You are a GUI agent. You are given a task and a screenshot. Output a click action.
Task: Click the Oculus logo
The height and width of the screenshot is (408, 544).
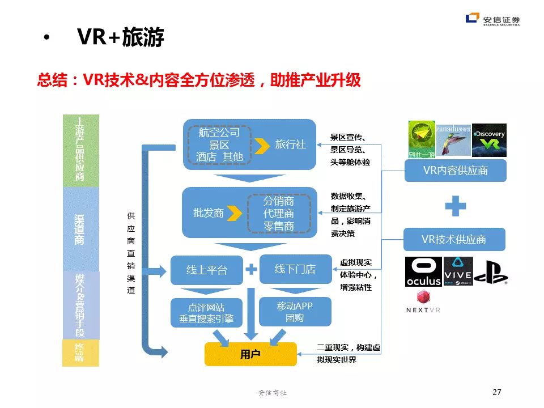tap(423, 271)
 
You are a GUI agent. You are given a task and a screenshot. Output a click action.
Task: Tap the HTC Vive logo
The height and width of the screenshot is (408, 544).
tap(458, 271)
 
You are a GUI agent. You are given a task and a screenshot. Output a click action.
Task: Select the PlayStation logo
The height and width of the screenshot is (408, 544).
tap(491, 271)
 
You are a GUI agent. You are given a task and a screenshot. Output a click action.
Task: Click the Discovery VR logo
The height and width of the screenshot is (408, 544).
tap(489, 140)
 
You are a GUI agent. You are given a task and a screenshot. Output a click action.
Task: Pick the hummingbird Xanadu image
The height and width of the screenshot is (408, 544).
tap(453, 140)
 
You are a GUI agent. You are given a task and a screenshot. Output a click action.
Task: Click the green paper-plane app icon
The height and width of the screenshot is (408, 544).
tap(422, 140)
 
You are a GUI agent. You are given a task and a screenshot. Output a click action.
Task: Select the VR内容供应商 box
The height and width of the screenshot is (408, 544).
tap(455, 170)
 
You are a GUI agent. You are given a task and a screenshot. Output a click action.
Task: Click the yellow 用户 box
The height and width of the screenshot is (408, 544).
tap(250, 354)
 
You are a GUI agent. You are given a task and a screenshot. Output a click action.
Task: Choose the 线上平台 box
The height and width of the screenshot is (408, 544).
tap(206, 270)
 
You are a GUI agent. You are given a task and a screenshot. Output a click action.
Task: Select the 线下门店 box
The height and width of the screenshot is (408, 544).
tap(295, 269)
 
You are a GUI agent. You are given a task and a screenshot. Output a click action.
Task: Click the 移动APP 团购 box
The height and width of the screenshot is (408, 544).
tap(295, 312)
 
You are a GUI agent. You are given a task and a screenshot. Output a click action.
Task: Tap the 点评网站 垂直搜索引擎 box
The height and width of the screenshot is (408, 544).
tap(206, 313)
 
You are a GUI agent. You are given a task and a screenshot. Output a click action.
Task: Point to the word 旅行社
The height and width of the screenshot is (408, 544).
tap(290, 144)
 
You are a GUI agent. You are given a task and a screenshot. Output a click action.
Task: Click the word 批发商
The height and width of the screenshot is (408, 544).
tap(209, 213)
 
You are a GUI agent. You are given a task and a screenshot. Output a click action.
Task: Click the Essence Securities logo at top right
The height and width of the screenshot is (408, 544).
tap(492, 20)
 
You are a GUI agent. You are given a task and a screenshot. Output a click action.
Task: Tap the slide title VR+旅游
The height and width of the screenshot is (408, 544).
tap(121, 38)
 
